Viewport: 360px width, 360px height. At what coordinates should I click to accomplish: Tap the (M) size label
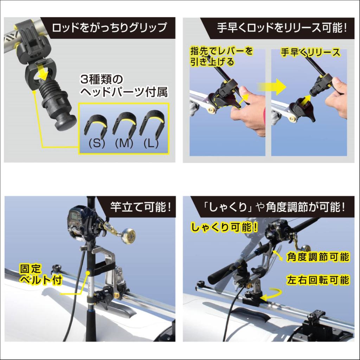(124, 144)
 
